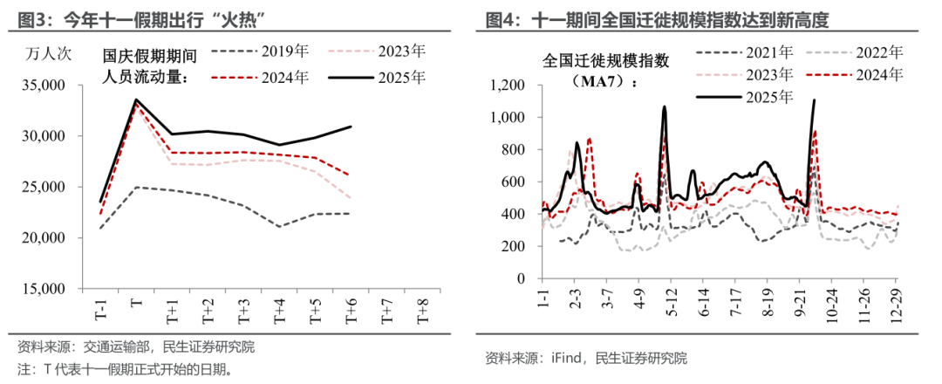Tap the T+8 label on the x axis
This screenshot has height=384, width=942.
(422, 311)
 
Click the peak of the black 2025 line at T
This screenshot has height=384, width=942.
(136, 99)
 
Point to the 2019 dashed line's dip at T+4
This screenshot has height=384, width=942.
(279, 227)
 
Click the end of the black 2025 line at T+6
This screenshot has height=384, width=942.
(351, 127)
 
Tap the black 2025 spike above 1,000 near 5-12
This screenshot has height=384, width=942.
(665, 107)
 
